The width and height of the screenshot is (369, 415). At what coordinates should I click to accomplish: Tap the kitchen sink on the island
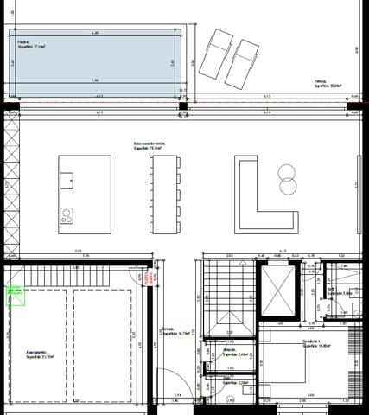tap(66, 181)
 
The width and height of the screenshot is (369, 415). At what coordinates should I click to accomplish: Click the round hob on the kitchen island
tap(65, 214)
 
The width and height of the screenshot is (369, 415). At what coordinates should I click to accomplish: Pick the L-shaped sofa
tap(254, 196)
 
